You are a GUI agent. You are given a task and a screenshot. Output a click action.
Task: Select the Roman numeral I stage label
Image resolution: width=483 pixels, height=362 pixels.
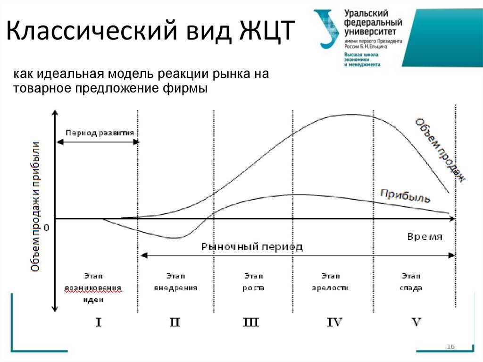point(99,322)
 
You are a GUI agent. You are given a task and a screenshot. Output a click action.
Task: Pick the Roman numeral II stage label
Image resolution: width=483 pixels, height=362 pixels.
point(175,322)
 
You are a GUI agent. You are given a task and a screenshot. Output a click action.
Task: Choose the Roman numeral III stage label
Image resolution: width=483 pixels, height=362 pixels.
point(250,322)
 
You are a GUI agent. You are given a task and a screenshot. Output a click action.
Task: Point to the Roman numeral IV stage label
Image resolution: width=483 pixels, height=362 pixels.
point(334,322)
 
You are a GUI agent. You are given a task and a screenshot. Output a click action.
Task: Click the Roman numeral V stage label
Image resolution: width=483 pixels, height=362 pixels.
point(416,322)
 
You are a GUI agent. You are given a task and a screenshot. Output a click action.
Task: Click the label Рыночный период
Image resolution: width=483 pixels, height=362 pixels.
point(252,246)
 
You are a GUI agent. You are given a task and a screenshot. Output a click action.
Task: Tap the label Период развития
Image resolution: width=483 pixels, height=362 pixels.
point(100,133)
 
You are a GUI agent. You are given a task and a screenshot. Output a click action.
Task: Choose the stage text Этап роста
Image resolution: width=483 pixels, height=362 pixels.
point(253,281)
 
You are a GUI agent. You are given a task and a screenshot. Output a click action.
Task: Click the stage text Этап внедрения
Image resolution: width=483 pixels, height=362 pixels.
point(175,281)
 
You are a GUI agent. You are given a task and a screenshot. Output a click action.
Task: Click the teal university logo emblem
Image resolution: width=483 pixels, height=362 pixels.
point(327,28)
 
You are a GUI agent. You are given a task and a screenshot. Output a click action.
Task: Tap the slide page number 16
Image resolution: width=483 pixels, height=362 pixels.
point(450,347)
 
